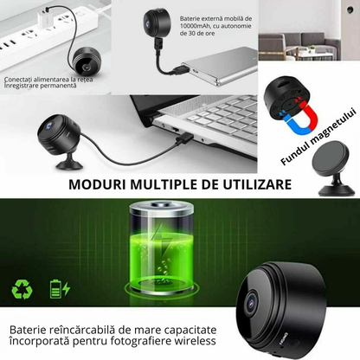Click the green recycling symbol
(x=22, y=289)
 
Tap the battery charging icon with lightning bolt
(x=60, y=289)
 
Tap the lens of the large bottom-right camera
(x=252, y=302)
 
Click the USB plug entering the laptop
(x=184, y=138)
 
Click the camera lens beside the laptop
(x=48, y=125)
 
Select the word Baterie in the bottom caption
(x=28, y=330)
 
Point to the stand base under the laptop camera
(x=69, y=164)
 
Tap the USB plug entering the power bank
(x=182, y=70)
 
